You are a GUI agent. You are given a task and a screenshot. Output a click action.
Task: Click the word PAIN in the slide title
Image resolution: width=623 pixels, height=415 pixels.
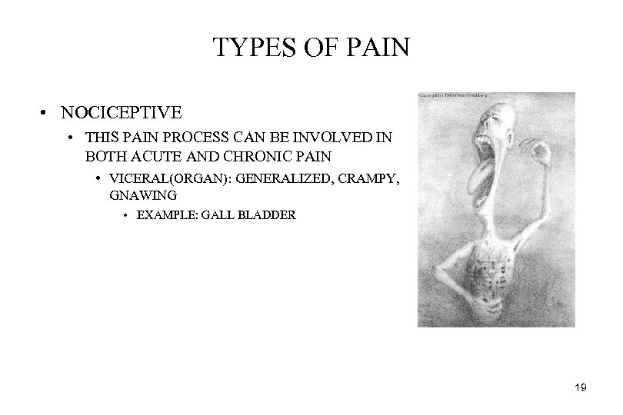[381, 48]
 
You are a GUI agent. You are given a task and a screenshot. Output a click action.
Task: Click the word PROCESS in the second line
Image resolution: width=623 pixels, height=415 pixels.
[182, 140]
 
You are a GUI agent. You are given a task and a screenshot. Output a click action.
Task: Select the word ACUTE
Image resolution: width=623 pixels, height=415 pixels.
[151, 156]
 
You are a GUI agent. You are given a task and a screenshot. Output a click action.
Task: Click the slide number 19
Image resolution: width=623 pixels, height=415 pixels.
[581, 389]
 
